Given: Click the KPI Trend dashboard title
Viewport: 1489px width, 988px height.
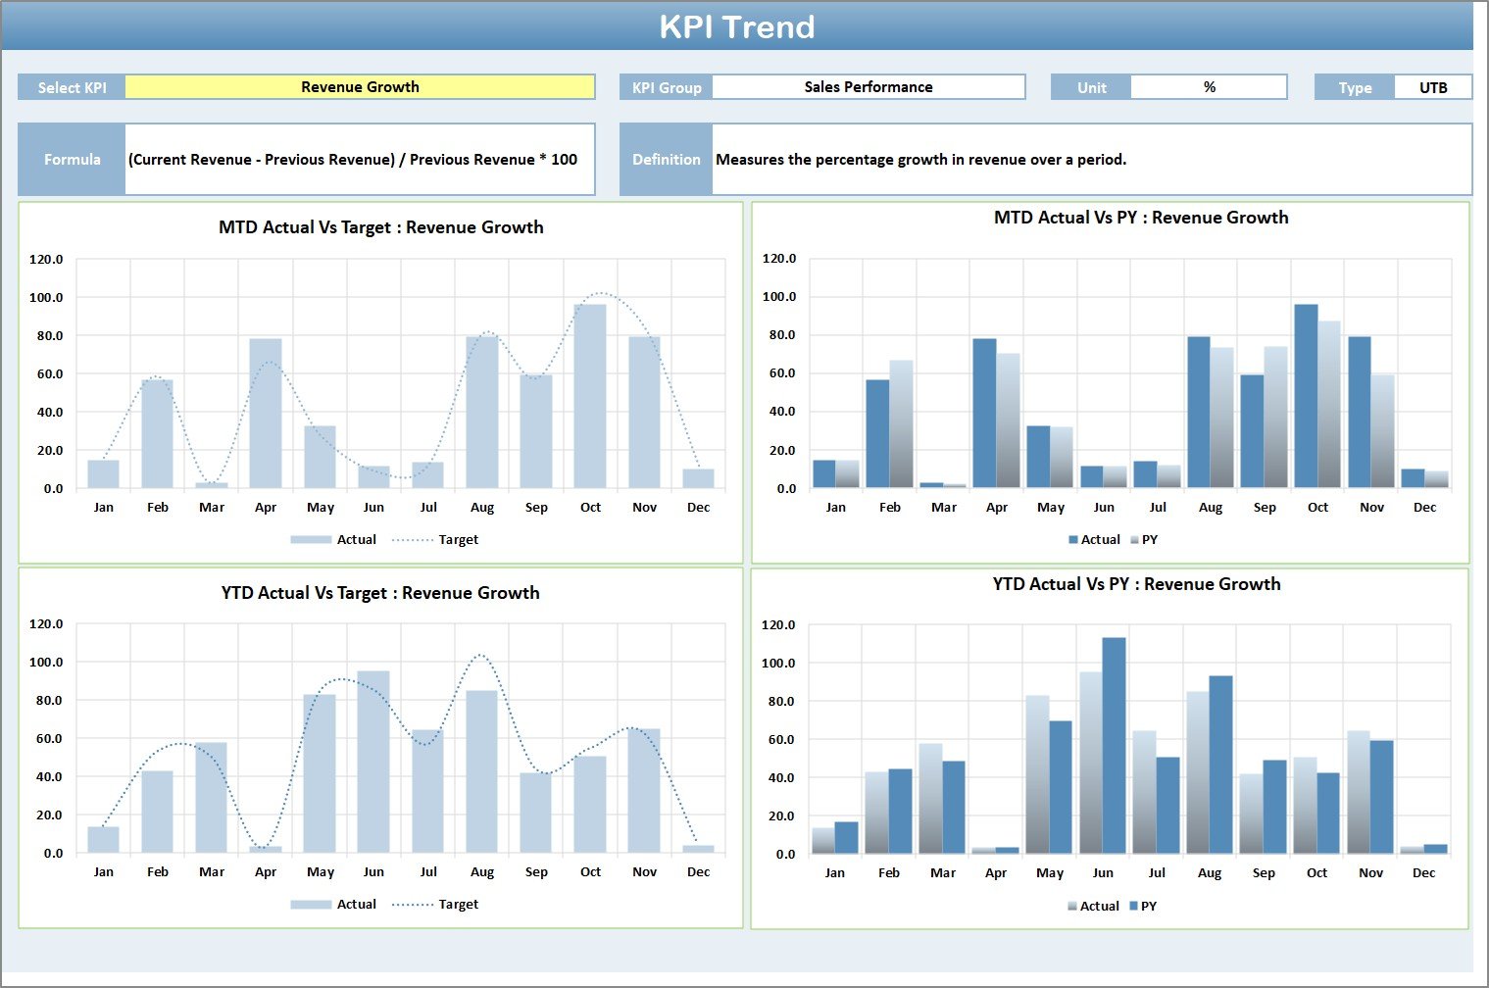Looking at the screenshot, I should tap(736, 26).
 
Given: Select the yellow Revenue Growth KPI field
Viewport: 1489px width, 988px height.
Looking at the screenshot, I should tap(360, 87).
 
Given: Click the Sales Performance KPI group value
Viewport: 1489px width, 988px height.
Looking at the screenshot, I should tap(868, 87).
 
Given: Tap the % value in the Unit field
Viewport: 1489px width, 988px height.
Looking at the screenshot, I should tap(1209, 87).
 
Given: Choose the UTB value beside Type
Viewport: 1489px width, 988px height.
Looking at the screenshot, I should tap(1432, 88).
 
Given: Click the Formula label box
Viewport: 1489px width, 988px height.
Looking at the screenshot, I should tap(72, 160).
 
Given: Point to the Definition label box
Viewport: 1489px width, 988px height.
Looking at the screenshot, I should tap(666, 160).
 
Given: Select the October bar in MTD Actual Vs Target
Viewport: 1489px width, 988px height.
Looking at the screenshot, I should tap(590, 396).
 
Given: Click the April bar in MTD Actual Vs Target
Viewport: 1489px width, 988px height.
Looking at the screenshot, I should tap(266, 413).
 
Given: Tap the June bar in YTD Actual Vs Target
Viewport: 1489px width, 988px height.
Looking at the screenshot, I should tap(373, 762).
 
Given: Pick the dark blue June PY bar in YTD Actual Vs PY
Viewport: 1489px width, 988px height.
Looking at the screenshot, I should tap(1114, 745).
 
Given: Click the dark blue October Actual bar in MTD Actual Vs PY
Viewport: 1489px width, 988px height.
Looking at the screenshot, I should tap(1306, 396).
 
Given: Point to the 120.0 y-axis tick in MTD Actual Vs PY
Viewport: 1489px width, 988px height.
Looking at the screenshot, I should tap(779, 259).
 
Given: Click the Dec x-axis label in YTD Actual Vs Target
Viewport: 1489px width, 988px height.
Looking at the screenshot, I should tap(698, 872).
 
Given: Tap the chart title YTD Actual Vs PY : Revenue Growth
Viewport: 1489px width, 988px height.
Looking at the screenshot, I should tap(1136, 584).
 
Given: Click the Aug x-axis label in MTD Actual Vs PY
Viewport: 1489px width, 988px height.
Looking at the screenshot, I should tap(1211, 508).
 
